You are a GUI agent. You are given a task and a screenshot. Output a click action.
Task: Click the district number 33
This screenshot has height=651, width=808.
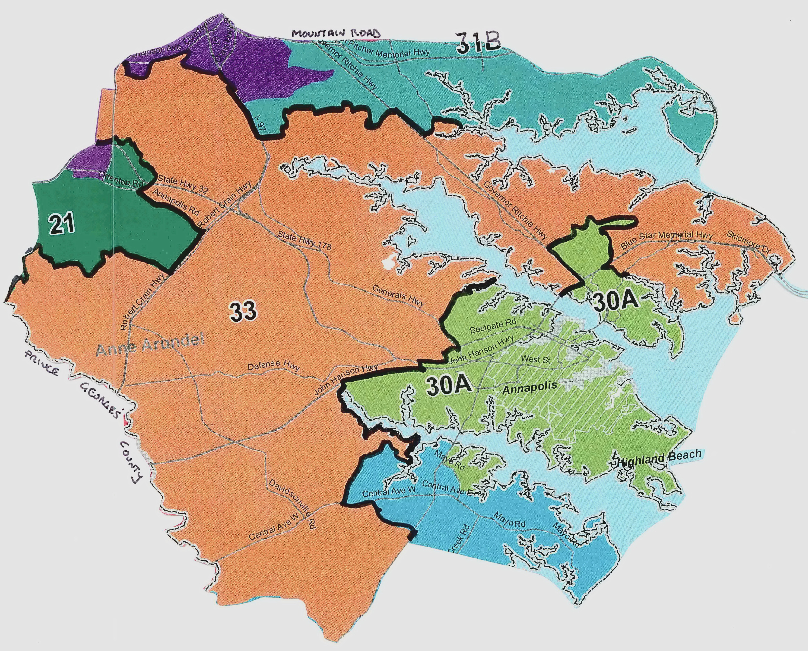pos(243,311)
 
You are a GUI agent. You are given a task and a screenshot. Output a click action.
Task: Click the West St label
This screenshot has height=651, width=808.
pos(535,359)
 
